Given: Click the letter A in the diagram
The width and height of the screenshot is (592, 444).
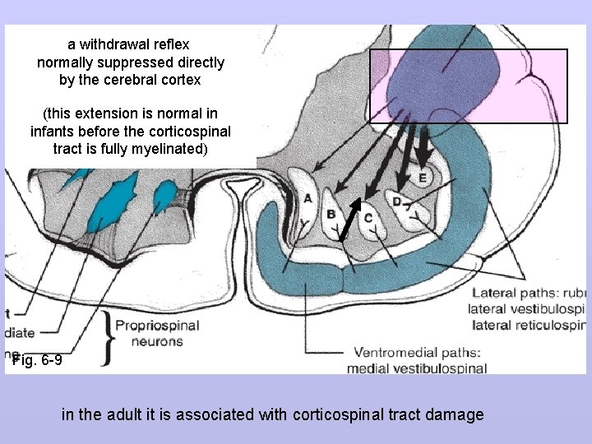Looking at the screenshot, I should (308, 198).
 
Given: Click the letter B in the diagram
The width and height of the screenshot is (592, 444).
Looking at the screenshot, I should (330, 215).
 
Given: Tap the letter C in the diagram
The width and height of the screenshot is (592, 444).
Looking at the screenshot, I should (368, 218).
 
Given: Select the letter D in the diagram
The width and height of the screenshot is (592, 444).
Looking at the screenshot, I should (397, 201).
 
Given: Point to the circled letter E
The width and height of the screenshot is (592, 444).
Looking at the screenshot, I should (422, 178).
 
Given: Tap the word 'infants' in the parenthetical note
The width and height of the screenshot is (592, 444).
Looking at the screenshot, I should (54, 131).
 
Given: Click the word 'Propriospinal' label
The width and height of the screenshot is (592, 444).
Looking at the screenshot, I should (157, 325).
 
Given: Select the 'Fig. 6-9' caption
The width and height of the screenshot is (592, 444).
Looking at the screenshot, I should (36, 360).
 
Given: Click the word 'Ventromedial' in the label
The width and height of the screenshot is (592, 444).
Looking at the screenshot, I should (386, 353).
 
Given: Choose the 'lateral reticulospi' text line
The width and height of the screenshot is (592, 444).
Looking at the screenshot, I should (526, 325).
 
